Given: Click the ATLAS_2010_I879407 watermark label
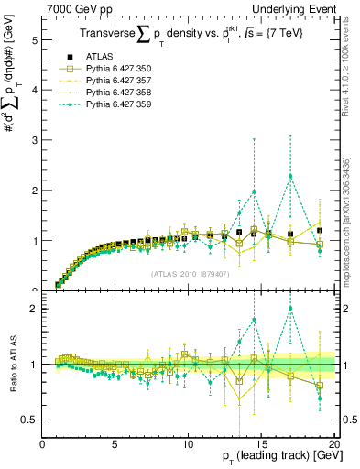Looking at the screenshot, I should point(190,272).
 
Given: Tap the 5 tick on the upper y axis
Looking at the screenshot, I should point(34,40).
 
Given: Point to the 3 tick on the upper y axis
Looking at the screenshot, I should point(34,141).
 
